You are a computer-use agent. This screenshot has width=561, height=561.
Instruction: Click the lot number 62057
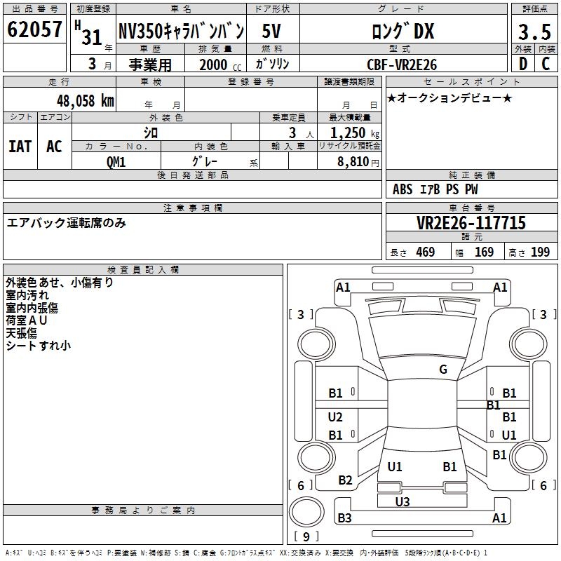pos(34,29)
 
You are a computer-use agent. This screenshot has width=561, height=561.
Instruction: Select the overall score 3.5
pos(533,32)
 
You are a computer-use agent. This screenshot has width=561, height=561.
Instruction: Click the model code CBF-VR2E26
pos(402,65)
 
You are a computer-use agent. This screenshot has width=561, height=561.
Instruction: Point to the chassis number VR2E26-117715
pos(471,224)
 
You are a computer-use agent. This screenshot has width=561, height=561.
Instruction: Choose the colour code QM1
pos(116,161)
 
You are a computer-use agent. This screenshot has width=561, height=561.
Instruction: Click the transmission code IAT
pos(20,147)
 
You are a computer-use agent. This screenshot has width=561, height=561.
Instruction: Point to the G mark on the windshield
pos(443,370)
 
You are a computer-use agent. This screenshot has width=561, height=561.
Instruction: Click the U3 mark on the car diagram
pos(402,502)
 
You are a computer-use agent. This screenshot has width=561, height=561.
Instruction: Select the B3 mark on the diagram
pos(344,518)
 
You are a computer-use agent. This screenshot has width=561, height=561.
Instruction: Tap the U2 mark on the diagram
pos(335,417)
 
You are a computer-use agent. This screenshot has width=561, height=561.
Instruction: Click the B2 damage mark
pos(345,480)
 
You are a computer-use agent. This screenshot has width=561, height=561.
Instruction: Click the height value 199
pos(540,252)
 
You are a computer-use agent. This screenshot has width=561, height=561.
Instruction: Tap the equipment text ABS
pos(403,189)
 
